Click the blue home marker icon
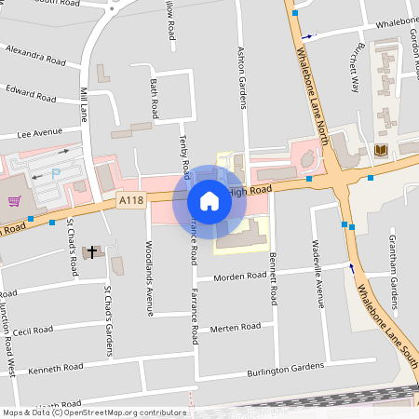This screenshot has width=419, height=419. pyautogui.click(x=209, y=200)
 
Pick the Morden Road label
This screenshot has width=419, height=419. pyautogui.click(x=238, y=277)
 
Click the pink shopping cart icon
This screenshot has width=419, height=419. pyautogui.click(x=14, y=201)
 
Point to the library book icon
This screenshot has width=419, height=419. pyautogui.click(x=380, y=150)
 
